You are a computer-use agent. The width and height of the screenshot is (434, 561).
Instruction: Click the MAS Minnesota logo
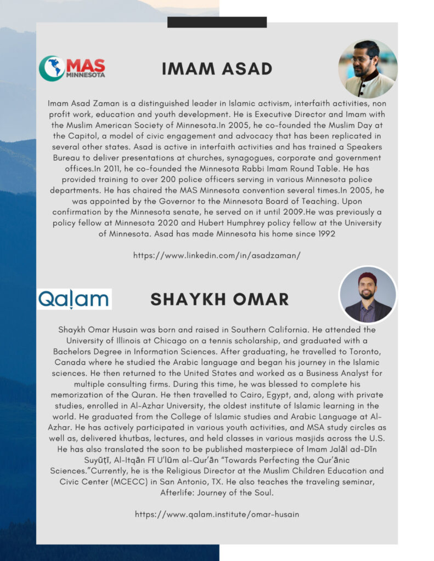[x=72, y=68]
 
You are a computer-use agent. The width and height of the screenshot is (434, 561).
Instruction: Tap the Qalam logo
[x=74, y=299]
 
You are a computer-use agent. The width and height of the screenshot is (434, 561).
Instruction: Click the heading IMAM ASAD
[x=217, y=69]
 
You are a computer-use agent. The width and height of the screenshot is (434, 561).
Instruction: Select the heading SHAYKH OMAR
[x=219, y=299]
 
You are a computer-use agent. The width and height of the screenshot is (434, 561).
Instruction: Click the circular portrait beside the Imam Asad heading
[x=367, y=69]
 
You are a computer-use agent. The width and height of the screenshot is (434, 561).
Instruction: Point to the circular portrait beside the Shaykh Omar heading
[x=368, y=295]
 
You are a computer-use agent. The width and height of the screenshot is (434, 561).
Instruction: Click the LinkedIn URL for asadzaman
[x=217, y=255]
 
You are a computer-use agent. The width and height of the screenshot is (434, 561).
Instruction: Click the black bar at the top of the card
[x=217, y=22]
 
